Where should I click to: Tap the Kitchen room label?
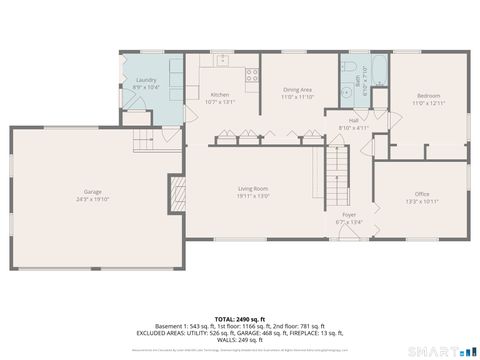click(x=219, y=95)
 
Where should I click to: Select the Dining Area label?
click(x=298, y=89)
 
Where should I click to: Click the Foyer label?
click(x=349, y=214)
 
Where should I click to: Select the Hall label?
click(x=354, y=120)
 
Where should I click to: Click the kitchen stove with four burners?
click(x=252, y=73)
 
